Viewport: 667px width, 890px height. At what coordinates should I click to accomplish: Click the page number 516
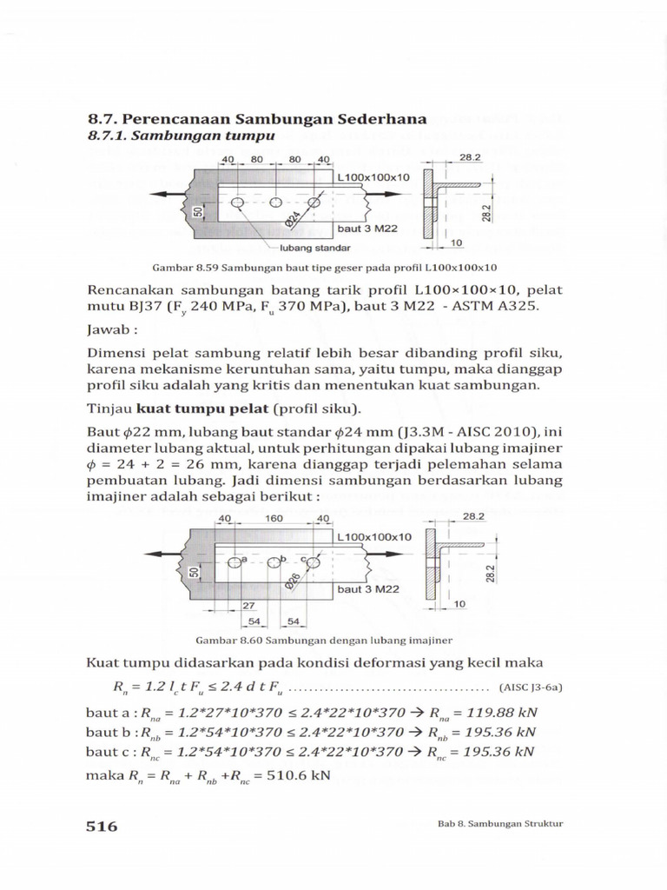coord(102,826)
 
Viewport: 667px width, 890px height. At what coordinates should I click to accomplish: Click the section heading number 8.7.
coord(104,119)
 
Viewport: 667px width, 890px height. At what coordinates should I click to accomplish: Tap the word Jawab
coord(109,330)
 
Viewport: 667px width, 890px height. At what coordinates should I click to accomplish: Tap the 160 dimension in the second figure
coord(275,519)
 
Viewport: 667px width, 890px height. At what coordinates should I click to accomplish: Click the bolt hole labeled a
coord(234,562)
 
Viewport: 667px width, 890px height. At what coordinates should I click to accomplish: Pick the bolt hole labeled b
coord(274,562)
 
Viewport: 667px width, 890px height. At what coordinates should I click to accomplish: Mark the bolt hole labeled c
coord(313,562)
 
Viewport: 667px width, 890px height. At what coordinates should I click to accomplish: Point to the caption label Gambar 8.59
coord(182,268)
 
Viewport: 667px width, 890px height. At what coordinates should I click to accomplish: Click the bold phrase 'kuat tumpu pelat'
coord(190,408)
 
